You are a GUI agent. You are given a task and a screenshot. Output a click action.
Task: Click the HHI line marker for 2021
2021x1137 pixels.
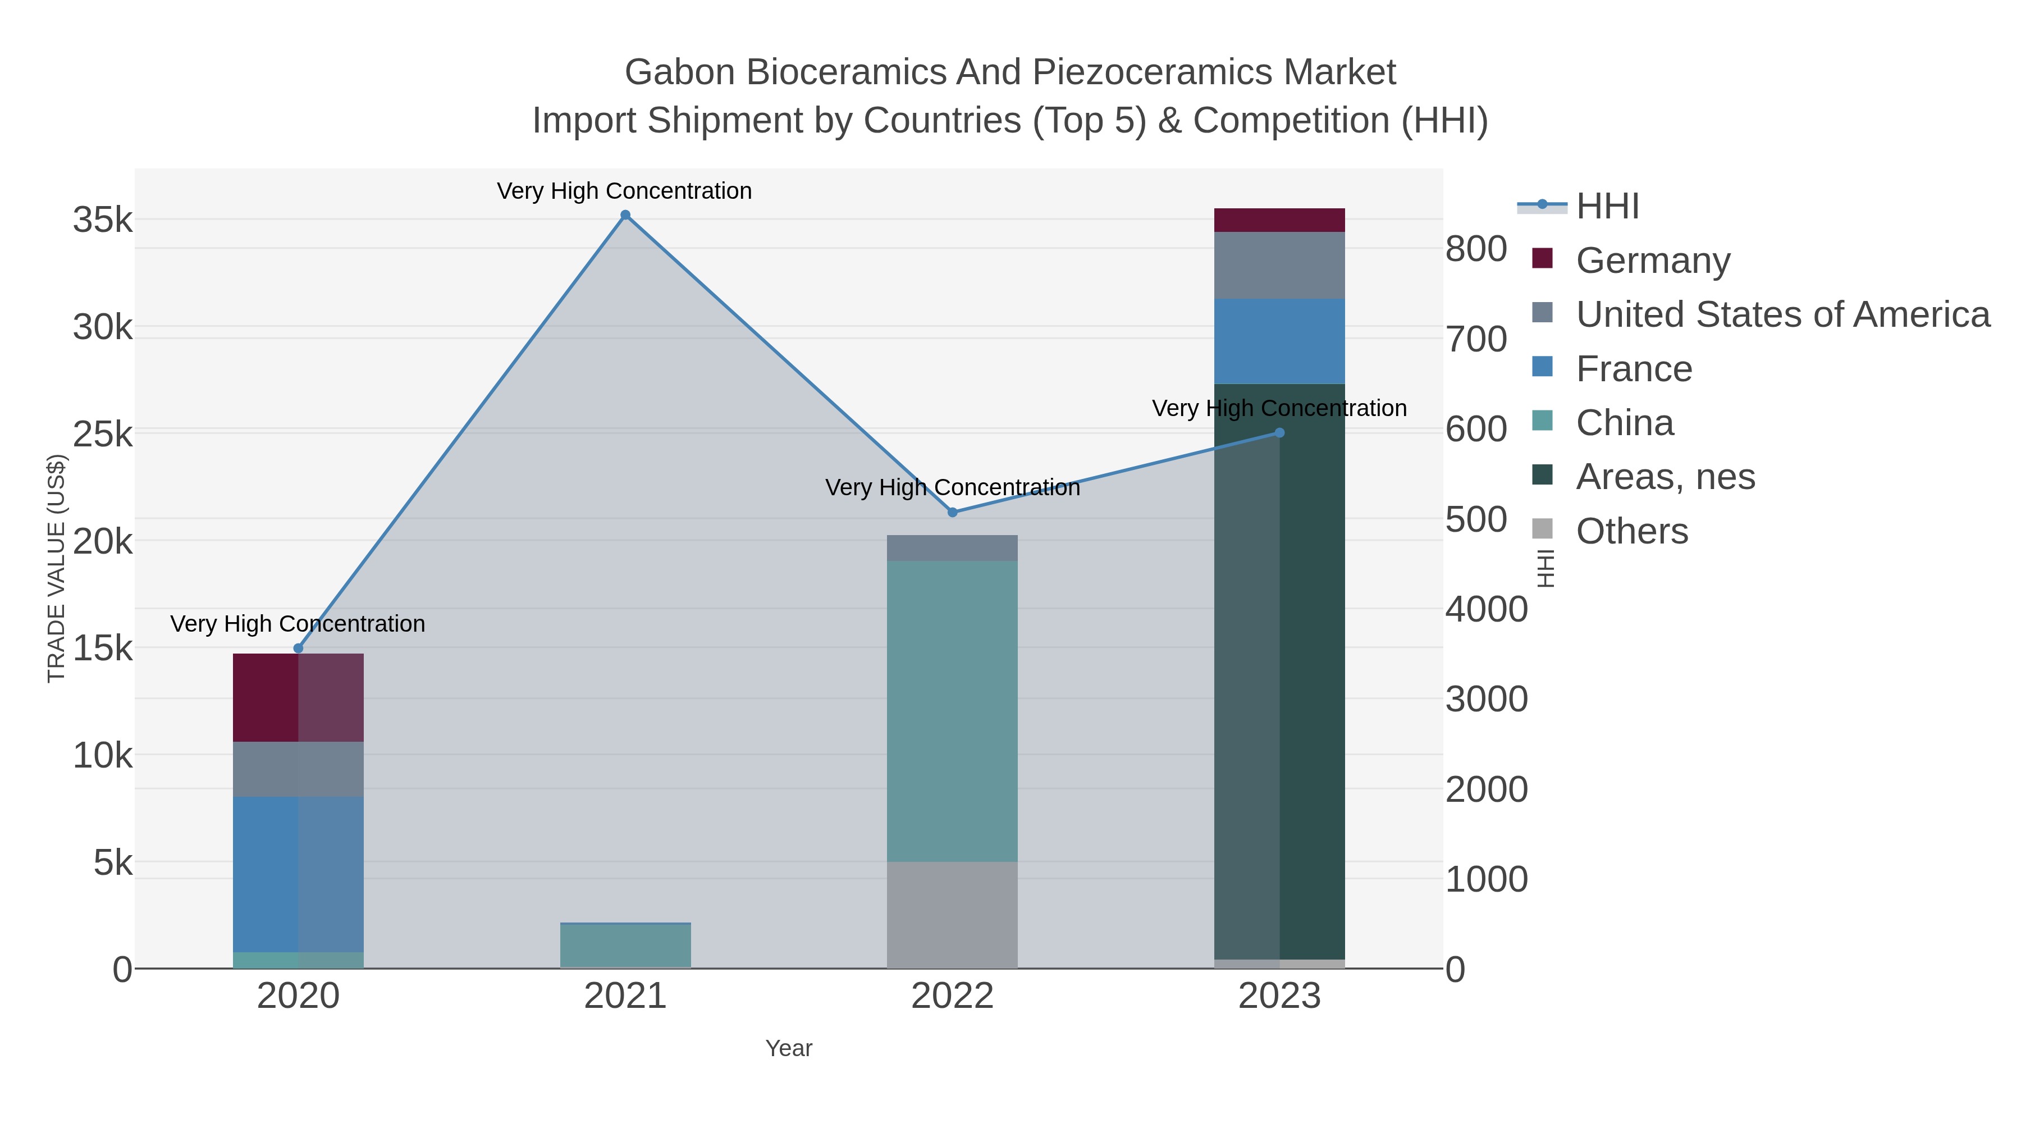click(625, 215)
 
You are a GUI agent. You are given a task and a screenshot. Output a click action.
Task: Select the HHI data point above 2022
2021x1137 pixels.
click(953, 513)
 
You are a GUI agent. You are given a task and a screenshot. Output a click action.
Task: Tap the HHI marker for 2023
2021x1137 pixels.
click(1279, 432)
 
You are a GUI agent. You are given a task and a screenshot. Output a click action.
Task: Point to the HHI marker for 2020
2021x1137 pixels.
click(298, 648)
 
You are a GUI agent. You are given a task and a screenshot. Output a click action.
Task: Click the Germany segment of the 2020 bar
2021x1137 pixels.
click(298, 697)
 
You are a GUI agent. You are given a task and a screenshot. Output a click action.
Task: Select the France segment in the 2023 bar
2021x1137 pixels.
click(1279, 341)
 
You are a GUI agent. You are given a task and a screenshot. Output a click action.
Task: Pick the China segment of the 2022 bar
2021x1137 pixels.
click(953, 711)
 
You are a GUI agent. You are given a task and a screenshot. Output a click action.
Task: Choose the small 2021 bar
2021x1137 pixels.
click(625, 946)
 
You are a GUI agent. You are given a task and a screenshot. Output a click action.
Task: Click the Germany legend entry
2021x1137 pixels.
click(1652, 261)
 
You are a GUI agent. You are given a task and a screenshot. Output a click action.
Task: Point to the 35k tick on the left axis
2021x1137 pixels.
click(103, 221)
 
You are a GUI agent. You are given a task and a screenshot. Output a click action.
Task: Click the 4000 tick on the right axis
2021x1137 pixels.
click(1487, 610)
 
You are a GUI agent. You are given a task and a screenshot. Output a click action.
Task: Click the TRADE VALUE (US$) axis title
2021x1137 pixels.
click(57, 568)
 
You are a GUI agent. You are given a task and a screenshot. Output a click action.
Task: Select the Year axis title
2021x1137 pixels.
click(789, 1048)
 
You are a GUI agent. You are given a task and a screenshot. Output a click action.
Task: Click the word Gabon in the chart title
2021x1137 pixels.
click(679, 72)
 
